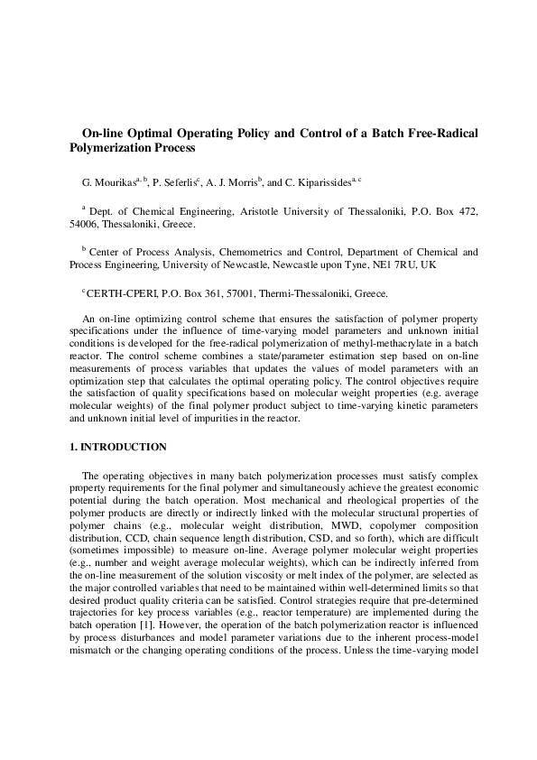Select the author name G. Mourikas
coord(106,181)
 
